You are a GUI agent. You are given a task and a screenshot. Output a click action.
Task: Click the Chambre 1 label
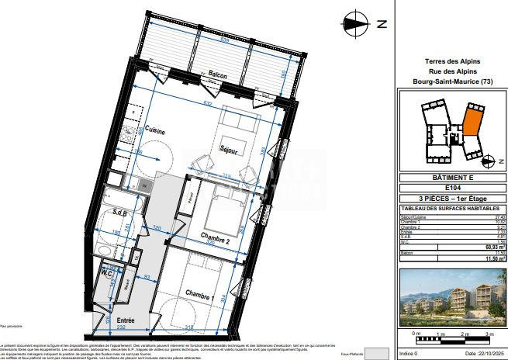pyautogui.click(x=199, y=292)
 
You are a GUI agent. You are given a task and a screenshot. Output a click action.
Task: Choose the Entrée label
pyautogui.click(x=126, y=320)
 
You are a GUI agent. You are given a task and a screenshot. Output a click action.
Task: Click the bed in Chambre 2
pyautogui.click(x=218, y=208)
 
